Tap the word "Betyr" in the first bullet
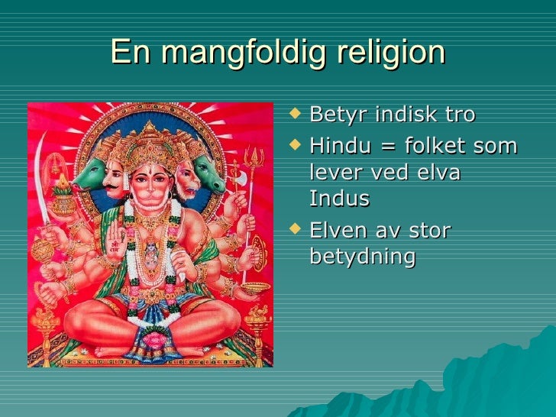point(337,115)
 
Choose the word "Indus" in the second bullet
point(339,199)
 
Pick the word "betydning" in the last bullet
point(363,257)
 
